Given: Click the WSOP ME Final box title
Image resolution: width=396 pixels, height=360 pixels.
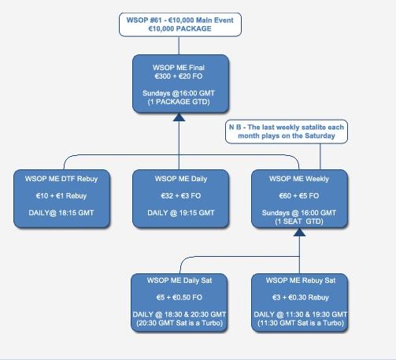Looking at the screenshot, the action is (179, 68).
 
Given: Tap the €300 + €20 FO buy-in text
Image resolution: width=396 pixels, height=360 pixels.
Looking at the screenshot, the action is (179, 76).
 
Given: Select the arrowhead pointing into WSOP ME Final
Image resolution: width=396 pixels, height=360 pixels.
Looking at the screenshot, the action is (179, 117).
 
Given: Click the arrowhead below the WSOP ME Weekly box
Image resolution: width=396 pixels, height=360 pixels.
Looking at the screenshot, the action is (299, 232).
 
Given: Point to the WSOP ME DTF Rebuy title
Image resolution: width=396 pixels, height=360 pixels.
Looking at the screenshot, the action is (61, 179).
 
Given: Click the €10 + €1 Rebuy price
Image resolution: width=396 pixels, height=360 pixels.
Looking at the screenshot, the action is (61, 196).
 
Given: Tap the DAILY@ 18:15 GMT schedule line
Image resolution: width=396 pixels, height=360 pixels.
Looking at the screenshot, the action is (61, 213).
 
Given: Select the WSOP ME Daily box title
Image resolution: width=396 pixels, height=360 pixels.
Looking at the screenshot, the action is (181, 179).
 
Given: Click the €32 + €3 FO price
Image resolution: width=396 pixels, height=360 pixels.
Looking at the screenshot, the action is (181, 196).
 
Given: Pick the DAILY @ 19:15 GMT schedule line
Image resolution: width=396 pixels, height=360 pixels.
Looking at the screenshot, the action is (181, 213).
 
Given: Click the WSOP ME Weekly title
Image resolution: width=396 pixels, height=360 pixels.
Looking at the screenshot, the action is (299, 179).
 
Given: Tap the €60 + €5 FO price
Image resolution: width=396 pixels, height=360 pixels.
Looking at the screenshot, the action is (299, 196).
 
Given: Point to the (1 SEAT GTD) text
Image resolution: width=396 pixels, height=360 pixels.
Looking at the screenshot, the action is (299, 221).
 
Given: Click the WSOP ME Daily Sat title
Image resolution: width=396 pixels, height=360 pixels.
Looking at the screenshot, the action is (179, 280).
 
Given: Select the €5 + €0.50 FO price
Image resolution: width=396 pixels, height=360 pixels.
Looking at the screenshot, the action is (179, 298).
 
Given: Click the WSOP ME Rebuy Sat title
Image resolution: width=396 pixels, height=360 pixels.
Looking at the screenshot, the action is (301, 280).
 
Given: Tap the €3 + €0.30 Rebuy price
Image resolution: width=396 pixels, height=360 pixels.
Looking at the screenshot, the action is (301, 298).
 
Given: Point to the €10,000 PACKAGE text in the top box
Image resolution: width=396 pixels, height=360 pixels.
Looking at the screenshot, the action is (180, 28).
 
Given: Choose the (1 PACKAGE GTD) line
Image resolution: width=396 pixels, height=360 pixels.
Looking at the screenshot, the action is (179, 102).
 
